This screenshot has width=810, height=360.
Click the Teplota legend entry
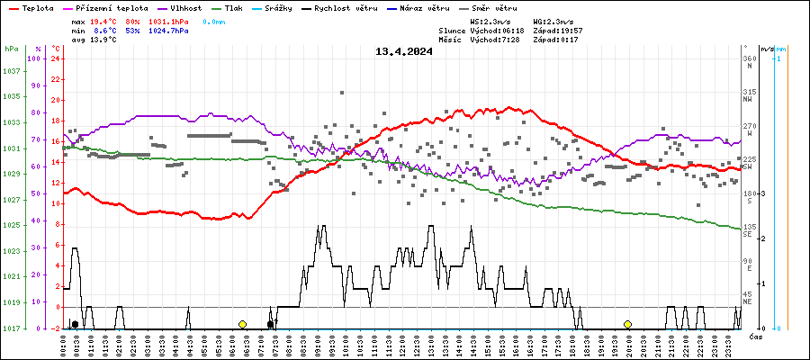30,7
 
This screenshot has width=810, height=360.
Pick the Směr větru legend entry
494,7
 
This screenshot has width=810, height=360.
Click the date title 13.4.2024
404,51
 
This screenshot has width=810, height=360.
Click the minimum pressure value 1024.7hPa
169,31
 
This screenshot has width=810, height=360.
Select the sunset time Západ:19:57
558,31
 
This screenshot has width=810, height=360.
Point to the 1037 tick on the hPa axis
12,71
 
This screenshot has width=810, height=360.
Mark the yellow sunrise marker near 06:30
242,324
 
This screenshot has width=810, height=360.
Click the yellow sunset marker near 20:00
627,324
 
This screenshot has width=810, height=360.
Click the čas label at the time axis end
757,336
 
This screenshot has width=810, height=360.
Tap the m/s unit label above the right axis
766,49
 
